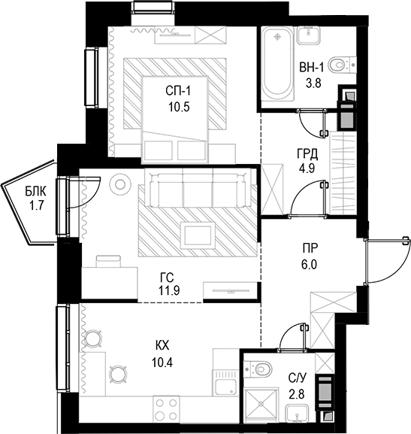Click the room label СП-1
pyautogui.click(x=179, y=91)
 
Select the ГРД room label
pyautogui.click(x=307, y=154)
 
